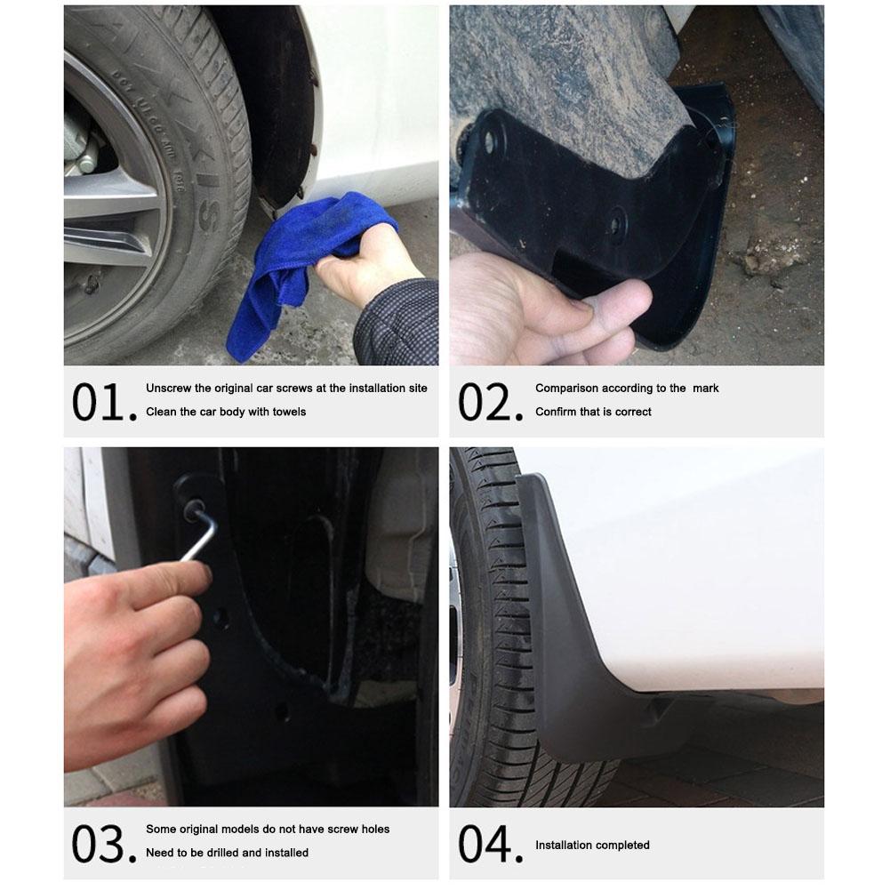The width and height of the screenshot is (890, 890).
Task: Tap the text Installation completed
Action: pyautogui.click(x=592, y=845)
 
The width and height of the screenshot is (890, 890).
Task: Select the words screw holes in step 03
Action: pyautogui.click(x=360, y=830)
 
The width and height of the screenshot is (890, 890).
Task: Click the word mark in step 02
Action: pyautogui.click(x=708, y=389)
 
